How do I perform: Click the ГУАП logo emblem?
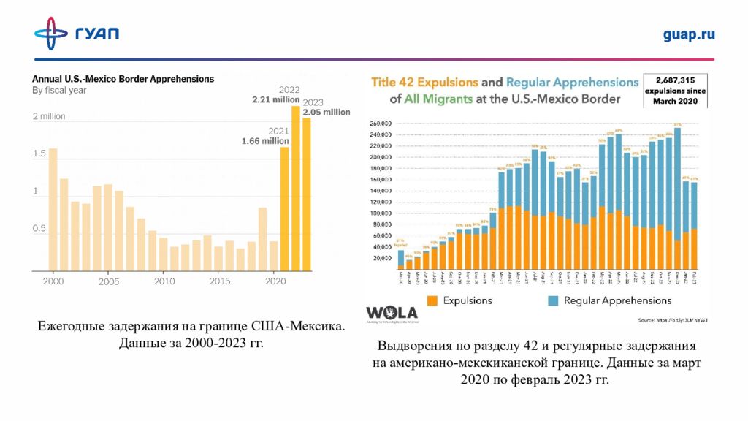(51, 34)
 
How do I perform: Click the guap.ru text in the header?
(688, 34)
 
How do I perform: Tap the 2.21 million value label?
(276, 99)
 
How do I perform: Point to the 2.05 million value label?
(327, 112)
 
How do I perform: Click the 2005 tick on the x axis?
(109, 281)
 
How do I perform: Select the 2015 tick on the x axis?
(220, 281)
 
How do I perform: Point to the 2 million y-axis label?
(48, 116)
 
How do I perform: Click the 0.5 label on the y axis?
(39, 229)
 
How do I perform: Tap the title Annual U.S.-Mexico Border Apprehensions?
(122, 78)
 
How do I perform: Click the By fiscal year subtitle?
(59, 91)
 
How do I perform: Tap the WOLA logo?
(392, 312)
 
